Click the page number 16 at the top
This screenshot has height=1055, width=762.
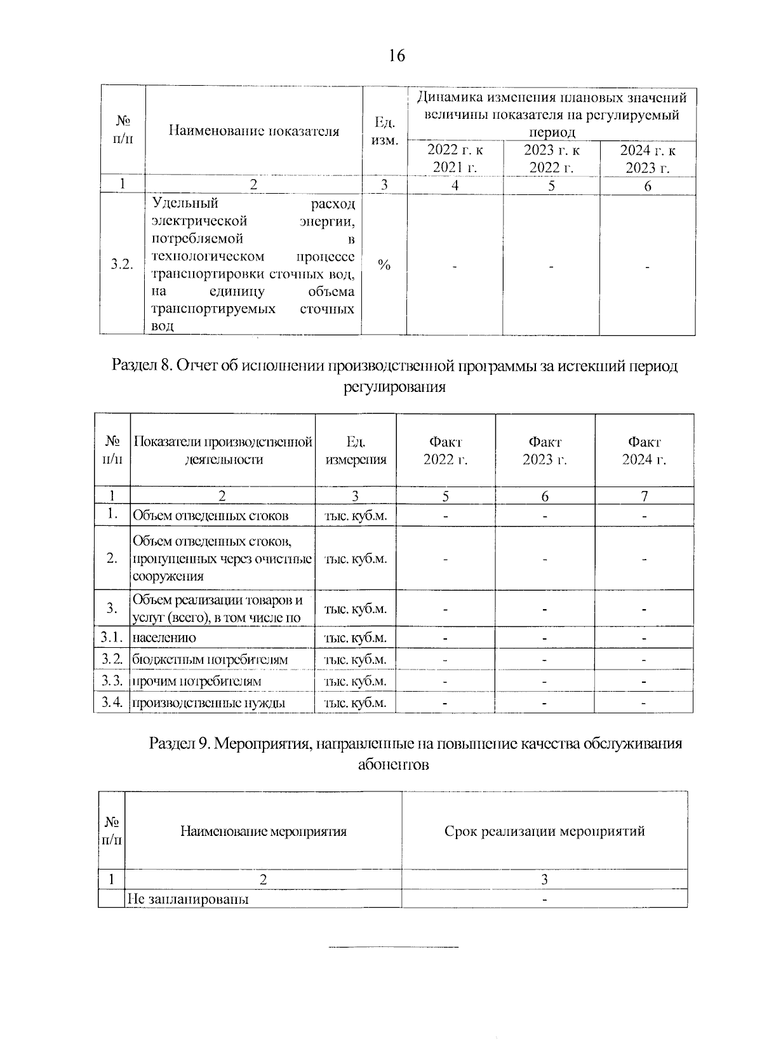tap(396, 56)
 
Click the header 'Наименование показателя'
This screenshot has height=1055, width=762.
tap(254, 131)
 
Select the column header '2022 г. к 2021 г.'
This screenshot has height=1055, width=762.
tap(455, 159)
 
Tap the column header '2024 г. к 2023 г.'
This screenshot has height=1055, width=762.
tap(648, 159)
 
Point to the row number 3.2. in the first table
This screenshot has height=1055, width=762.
tap(122, 264)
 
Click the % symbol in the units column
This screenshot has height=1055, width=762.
tap(384, 265)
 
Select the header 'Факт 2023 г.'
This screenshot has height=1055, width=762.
tap(545, 450)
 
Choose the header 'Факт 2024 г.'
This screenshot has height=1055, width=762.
tap(644, 450)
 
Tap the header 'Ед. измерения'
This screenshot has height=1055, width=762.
tap(356, 450)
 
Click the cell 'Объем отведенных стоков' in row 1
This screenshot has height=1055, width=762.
tap(210, 516)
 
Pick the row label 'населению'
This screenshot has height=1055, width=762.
tap(164, 638)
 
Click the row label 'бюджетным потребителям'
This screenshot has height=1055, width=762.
tap(210, 660)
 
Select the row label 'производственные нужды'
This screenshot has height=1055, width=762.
tap(209, 703)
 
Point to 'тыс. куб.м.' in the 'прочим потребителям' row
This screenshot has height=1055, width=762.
tap(356, 682)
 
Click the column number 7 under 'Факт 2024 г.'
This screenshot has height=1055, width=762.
tap(644, 496)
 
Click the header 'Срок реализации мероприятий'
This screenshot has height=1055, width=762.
tap(545, 831)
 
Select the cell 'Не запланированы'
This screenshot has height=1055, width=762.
tap(188, 899)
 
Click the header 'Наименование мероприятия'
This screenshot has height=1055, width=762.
tap(264, 831)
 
